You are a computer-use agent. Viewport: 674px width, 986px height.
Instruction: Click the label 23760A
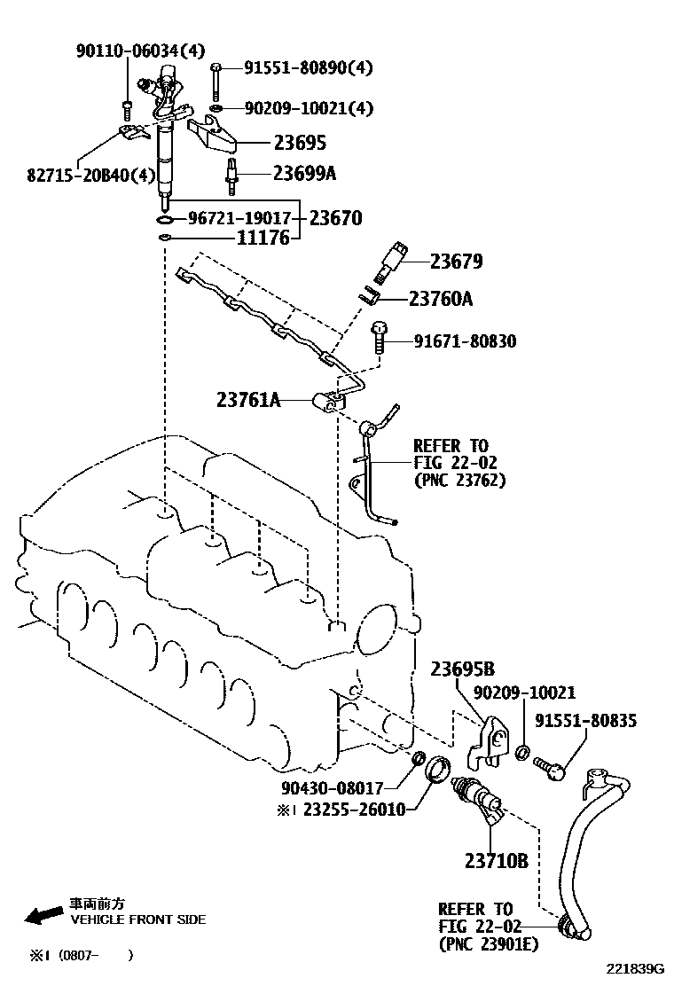[x=441, y=300]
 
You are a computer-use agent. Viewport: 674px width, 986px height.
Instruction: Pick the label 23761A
[x=248, y=400]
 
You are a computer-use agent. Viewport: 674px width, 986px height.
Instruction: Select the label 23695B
[x=463, y=669]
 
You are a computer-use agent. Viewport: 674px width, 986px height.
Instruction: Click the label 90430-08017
[x=333, y=786]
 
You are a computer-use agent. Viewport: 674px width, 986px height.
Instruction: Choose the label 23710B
[x=497, y=860]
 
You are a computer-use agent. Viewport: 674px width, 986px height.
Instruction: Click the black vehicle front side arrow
[x=42, y=914]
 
